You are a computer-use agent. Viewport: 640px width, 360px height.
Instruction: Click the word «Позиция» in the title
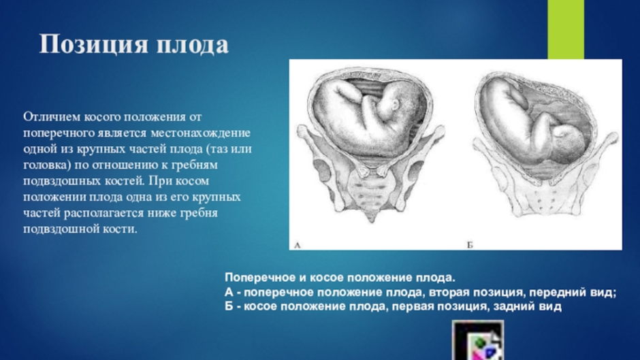coord(93,44)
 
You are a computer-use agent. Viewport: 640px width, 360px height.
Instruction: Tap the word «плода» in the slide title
coord(193,44)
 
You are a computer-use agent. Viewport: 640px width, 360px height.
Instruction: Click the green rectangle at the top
coord(566,29)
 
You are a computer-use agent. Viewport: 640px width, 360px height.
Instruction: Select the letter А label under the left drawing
coord(297,245)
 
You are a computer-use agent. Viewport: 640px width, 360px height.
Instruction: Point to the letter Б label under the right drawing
coord(470,245)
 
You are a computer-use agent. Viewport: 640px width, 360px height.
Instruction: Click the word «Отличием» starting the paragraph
coord(52,117)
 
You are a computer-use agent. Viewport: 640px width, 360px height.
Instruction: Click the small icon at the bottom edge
coord(478,340)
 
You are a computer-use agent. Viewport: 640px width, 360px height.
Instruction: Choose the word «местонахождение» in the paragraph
coord(201,133)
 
